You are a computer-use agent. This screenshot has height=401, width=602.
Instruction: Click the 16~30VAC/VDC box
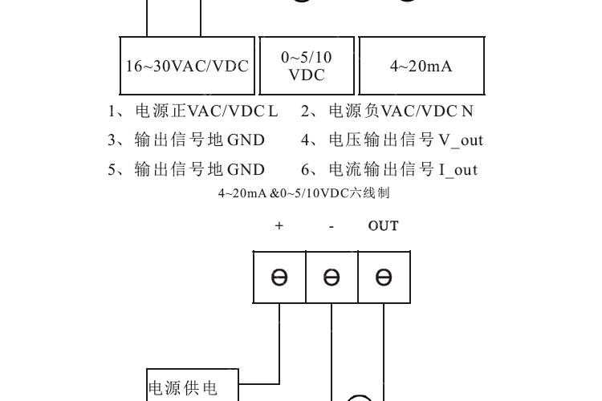[186, 66]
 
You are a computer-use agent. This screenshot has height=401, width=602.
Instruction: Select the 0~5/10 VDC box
[306, 66]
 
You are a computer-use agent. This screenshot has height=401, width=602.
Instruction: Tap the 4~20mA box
[421, 66]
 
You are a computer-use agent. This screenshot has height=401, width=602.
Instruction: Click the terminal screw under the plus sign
[279, 277]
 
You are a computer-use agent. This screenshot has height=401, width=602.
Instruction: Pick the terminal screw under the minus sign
[332, 277]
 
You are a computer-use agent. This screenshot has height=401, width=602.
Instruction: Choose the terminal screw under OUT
[384, 277]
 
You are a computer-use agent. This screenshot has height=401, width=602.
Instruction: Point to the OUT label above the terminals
[383, 226]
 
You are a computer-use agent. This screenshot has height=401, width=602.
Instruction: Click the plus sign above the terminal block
[279, 226]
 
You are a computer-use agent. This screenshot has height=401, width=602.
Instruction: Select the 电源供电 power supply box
[182, 387]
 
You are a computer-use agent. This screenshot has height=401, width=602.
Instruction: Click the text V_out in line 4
[461, 140]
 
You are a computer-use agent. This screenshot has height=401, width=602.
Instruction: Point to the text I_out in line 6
[458, 169]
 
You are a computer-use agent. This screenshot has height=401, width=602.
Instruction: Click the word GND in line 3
[246, 140]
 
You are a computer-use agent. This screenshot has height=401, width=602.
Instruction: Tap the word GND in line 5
[246, 169]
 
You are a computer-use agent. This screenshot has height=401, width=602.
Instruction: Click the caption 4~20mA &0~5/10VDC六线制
[304, 193]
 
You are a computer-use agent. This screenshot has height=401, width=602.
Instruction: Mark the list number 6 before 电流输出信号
[306, 169]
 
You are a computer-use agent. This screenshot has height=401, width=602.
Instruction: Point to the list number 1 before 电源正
[112, 111]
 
